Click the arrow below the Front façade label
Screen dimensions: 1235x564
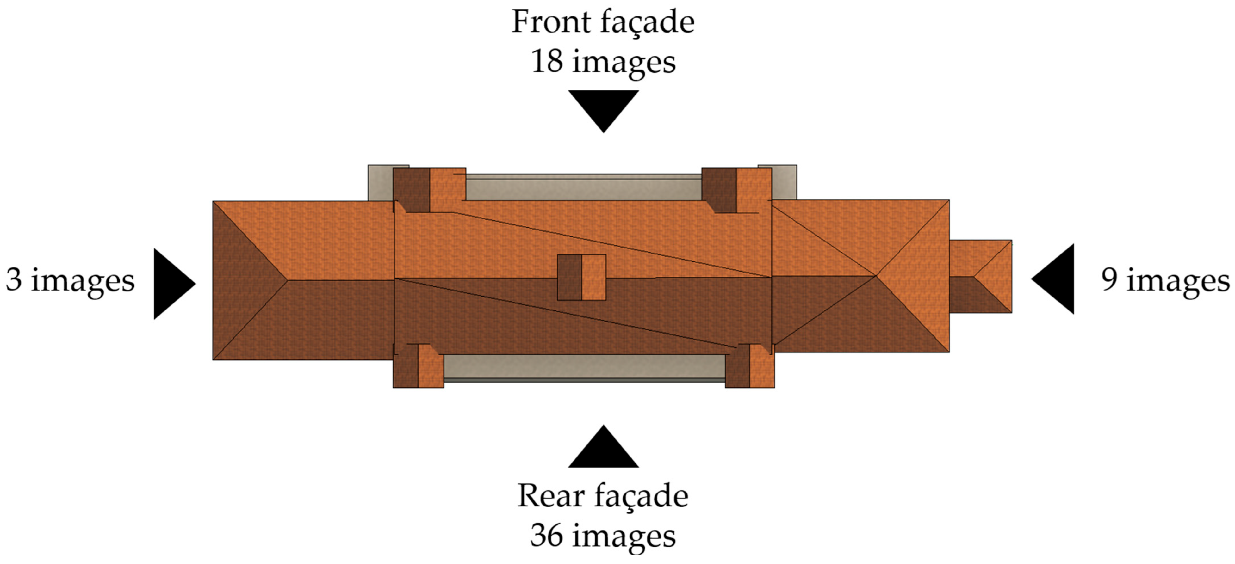(x=603, y=108)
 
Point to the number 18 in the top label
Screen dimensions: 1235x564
(x=547, y=62)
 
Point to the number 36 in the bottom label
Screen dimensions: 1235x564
(x=547, y=536)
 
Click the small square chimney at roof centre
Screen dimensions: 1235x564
(x=581, y=278)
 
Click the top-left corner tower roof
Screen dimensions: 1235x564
(x=429, y=190)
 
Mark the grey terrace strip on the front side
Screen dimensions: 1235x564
(x=583, y=188)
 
